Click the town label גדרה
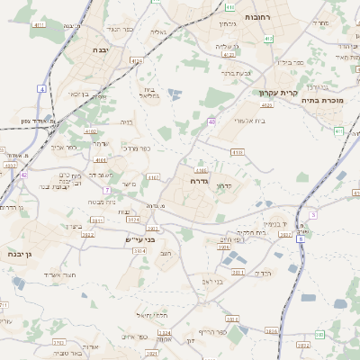coord(200,181)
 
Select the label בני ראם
coord(206,282)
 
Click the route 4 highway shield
coord(42,89)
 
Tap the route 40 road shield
coord(211,121)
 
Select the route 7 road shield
coord(106,190)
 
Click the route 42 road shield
coord(23,175)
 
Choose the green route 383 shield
coord(319,335)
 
